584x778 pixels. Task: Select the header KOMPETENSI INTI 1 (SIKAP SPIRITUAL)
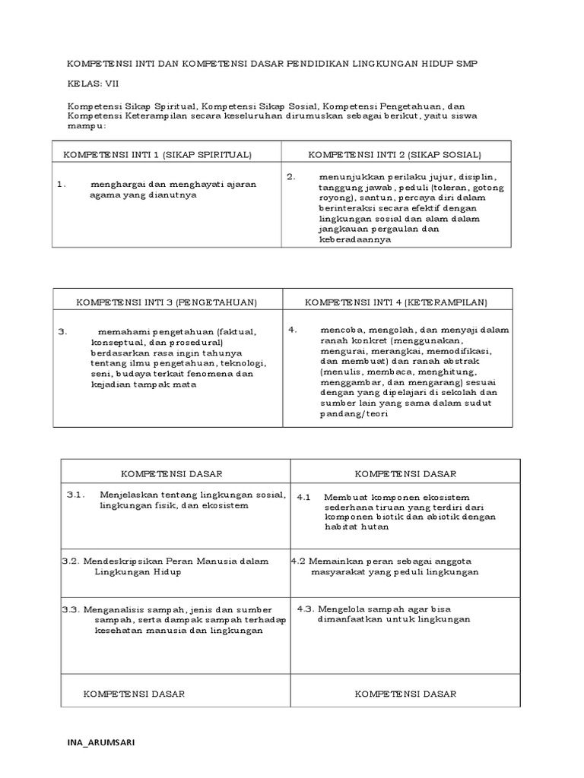point(157,155)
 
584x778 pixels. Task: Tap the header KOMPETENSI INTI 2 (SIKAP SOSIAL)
point(394,155)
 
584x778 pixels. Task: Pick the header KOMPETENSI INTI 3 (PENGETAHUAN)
point(167,302)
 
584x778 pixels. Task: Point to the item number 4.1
point(304,497)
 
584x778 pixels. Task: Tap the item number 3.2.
point(71,561)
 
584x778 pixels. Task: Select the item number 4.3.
point(306,609)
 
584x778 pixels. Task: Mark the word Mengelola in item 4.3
point(340,609)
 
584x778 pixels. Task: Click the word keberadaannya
point(356,239)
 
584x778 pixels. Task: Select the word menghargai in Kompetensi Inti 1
point(116,184)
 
